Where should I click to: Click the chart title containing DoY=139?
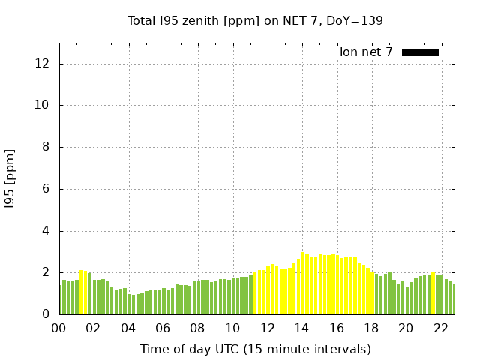click(255, 21)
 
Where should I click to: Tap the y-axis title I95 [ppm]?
click(10, 179)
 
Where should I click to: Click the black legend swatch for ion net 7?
click(420, 53)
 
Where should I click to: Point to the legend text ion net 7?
click(366, 52)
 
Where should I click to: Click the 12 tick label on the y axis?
click(42, 64)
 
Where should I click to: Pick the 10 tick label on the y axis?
click(42, 105)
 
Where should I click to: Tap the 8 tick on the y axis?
click(46, 147)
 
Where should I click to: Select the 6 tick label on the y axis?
click(46, 189)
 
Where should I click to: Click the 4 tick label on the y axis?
click(46, 231)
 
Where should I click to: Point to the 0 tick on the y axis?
click(46, 314)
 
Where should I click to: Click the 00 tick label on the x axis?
click(58, 328)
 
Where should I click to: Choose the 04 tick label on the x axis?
click(128, 328)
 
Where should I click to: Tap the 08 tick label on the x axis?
click(197, 328)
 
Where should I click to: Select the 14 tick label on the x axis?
click(301, 328)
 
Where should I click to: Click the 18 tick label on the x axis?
click(371, 328)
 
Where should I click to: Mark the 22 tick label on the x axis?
click(441, 328)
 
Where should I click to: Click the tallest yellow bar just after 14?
click(303, 283)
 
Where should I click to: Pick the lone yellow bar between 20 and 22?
click(433, 293)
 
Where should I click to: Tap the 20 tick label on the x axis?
click(406, 328)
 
